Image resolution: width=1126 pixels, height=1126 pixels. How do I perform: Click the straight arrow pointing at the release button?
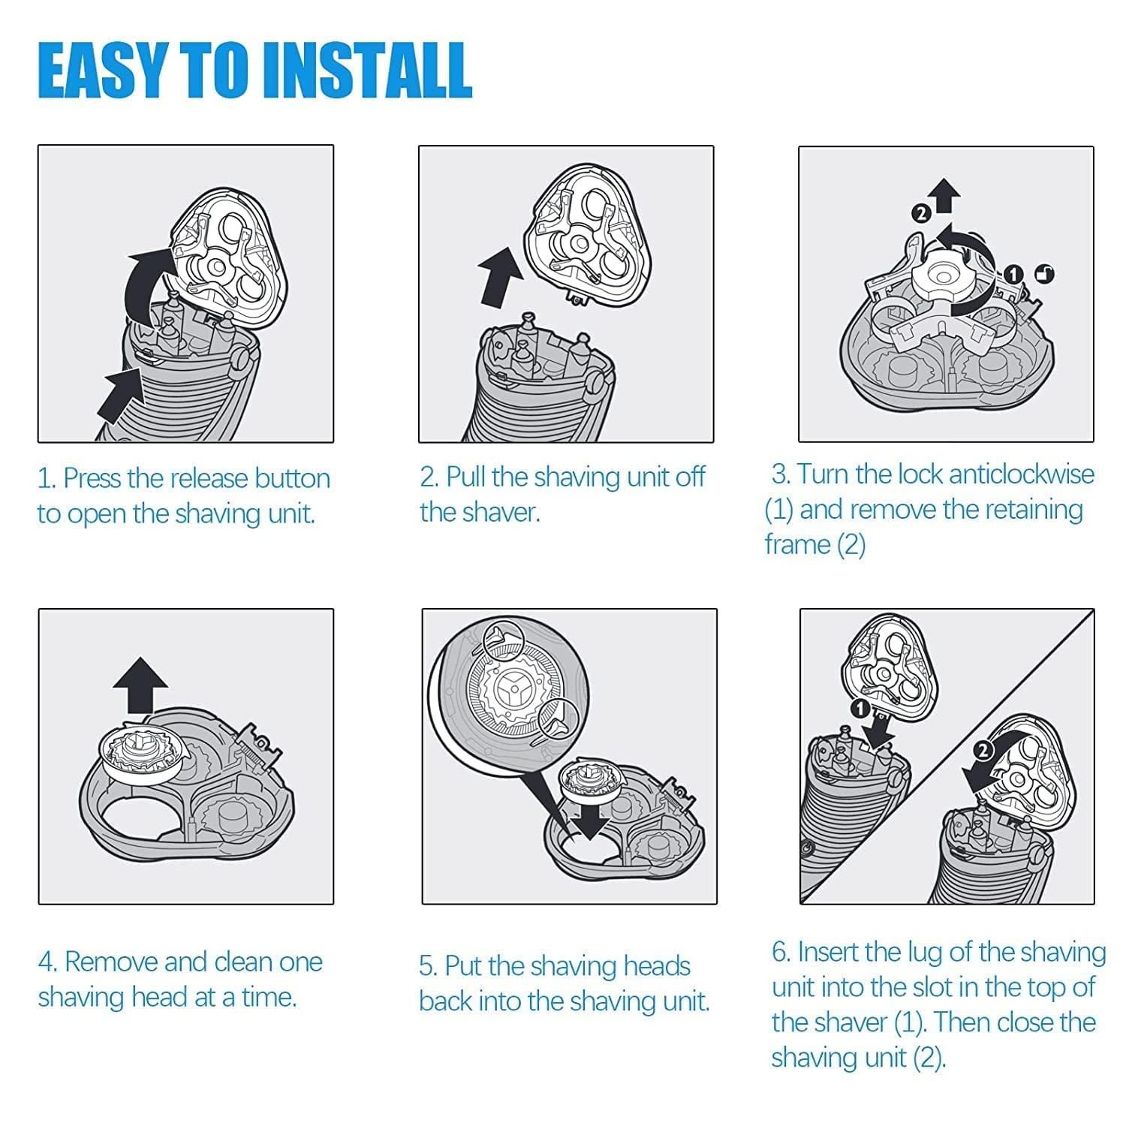120,394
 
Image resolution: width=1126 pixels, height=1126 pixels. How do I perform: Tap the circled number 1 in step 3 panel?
1014,275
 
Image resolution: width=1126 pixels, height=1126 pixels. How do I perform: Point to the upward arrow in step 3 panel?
947,197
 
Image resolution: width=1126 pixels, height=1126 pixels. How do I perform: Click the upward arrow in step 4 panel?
140,685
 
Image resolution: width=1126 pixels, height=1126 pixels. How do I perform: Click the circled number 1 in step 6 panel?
860,708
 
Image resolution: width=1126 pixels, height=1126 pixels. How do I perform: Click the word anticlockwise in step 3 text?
1021,474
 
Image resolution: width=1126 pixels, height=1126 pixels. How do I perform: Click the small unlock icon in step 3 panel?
1043,275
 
